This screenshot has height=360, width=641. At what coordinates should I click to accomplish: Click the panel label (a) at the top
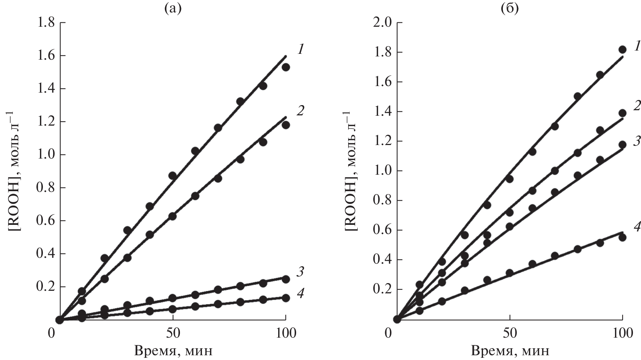173,8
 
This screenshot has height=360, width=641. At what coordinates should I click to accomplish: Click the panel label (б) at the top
509,8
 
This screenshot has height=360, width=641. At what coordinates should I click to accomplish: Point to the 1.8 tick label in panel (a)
48,23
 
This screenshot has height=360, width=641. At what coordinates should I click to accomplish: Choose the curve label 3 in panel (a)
301,272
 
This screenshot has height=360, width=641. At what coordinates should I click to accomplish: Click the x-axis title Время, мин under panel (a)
173,351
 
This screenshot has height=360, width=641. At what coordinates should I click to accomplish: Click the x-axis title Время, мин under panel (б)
510,351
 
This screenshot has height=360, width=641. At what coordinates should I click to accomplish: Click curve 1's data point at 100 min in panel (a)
286,67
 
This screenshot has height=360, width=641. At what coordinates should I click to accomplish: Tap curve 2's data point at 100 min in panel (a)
286,125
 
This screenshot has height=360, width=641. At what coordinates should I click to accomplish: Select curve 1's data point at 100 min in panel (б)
622,49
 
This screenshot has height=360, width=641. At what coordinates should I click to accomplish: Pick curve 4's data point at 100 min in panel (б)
622,237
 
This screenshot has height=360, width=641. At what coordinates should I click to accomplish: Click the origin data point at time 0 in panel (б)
397,319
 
